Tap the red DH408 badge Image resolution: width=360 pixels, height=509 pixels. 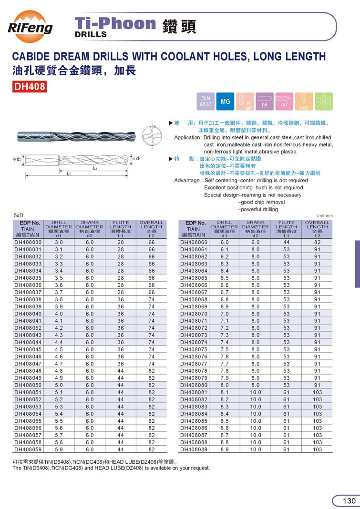(29, 87)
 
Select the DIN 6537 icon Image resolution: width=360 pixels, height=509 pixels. (206, 101)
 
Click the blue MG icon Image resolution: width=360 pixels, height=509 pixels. (225, 101)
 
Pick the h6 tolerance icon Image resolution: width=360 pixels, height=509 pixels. (264, 101)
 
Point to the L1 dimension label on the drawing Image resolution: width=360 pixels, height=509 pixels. (95, 168)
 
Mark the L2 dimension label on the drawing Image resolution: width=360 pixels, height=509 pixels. (69, 174)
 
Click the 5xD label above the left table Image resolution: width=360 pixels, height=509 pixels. (19, 215)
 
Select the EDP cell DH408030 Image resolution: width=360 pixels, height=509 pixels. (28, 242)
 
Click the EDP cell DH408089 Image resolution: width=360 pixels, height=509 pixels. (194, 449)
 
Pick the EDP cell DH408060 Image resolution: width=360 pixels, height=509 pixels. (194, 242)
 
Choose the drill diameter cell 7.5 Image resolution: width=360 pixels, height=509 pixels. (225, 349)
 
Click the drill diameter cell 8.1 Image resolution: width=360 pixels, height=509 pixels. (225, 392)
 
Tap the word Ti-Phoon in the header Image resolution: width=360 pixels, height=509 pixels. (116, 23)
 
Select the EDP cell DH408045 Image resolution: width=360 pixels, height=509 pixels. (28, 349)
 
